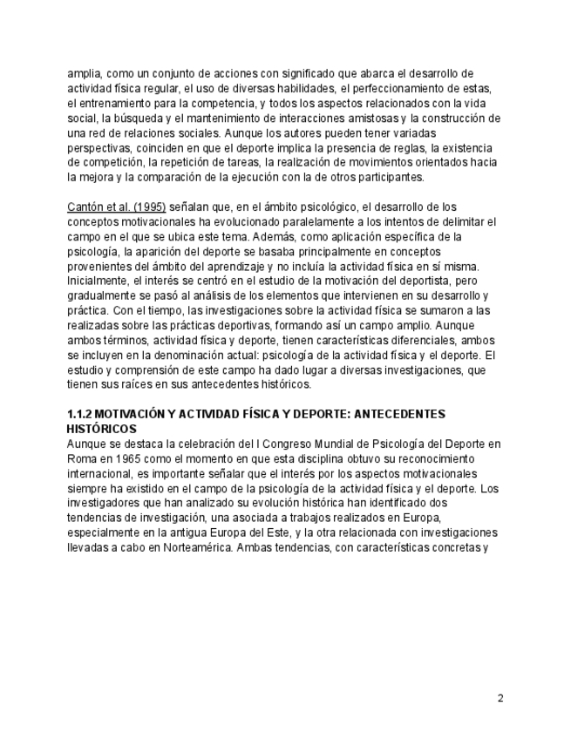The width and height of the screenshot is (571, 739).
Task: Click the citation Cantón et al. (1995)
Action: coord(116,207)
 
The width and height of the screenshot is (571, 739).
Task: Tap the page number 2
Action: coord(500,697)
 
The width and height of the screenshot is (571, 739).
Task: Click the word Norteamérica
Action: coord(196,548)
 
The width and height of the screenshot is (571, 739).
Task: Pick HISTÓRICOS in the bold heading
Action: coord(101,430)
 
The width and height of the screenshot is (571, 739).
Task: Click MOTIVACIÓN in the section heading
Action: coord(141,414)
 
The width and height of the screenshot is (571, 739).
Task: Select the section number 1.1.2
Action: coord(82,414)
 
